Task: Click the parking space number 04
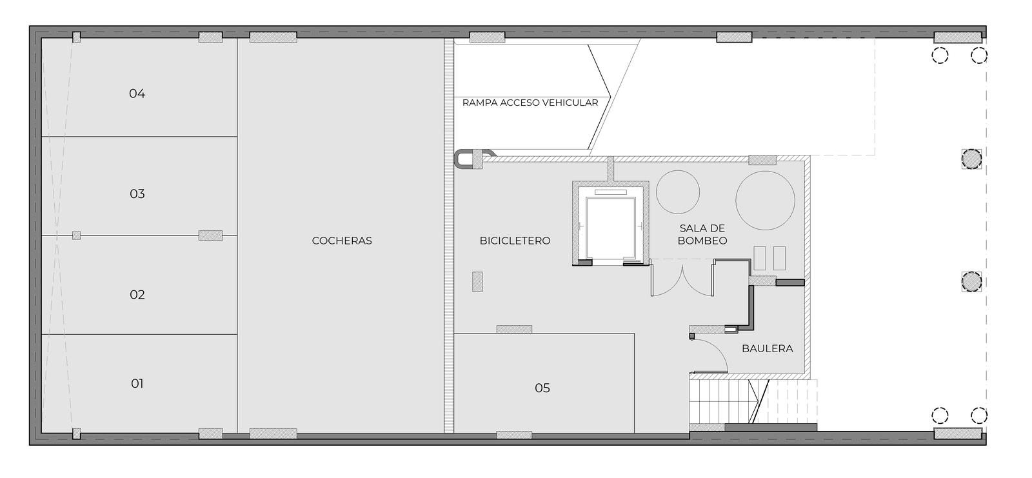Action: [x=137, y=94]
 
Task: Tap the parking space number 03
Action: [x=137, y=194]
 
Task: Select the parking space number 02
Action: [x=137, y=295]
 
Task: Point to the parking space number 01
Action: [x=137, y=384]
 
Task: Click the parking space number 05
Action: [x=542, y=388]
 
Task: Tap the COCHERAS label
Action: [x=342, y=241]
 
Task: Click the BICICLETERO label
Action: [x=515, y=241]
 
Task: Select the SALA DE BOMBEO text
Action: [x=702, y=234]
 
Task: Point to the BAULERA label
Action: [x=768, y=349]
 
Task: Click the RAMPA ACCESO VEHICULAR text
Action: [x=530, y=103]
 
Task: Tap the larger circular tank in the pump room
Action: [x=765, y=201]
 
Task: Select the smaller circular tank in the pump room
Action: [x=678, y=192]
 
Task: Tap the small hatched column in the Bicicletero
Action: [x=477, y=282]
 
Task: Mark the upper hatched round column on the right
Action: [x=971, y=159]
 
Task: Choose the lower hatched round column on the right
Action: [x=971, y=282]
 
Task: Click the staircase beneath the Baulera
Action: [x=753, y=401]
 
